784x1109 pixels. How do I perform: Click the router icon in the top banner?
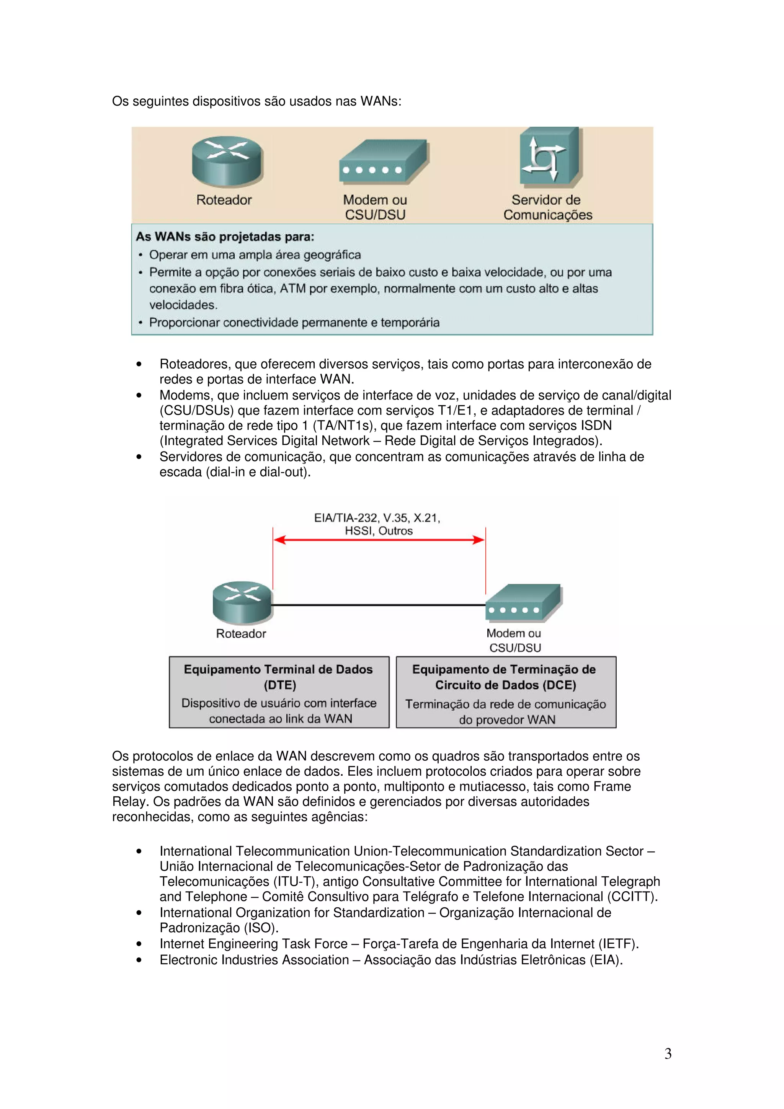tap(227, 161)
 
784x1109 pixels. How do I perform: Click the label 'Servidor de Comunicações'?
tap(547, 207)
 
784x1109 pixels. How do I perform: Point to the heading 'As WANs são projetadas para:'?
tap(225, 236)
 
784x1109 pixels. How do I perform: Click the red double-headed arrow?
tap(379, 540)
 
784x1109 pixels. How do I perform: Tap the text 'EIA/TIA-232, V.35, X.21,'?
tap(377, 518)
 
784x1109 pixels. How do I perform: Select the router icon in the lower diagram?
tap(242, 603)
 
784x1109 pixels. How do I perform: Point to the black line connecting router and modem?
tap(379, 605)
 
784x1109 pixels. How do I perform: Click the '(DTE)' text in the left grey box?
tap(280, 685)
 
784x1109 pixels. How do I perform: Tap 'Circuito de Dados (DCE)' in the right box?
tap(505, 685)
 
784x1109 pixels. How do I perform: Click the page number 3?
tap(668, 1054)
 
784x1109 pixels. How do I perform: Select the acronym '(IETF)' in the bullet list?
tap(618, 943)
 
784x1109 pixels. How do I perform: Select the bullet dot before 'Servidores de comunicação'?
tap(139, 457)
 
